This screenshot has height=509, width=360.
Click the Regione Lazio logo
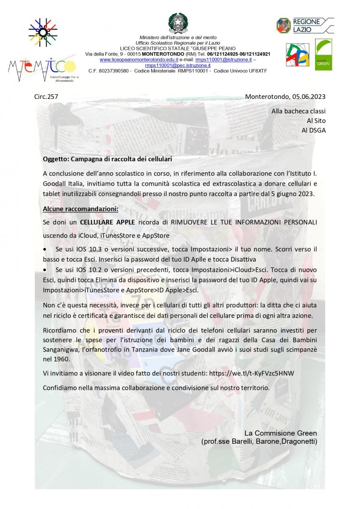304,25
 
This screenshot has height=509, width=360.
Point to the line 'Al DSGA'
313,130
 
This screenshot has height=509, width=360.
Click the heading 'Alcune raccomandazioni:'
81,209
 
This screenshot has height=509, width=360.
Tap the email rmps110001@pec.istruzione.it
178,65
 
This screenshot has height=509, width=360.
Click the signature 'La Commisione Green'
280,433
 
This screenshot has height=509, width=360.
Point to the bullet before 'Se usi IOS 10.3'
45,249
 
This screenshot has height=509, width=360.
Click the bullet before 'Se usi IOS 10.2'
45,270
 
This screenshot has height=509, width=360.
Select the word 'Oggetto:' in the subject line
56,159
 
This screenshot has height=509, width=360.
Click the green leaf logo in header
324,54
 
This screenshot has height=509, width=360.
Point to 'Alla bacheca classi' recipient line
299,112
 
